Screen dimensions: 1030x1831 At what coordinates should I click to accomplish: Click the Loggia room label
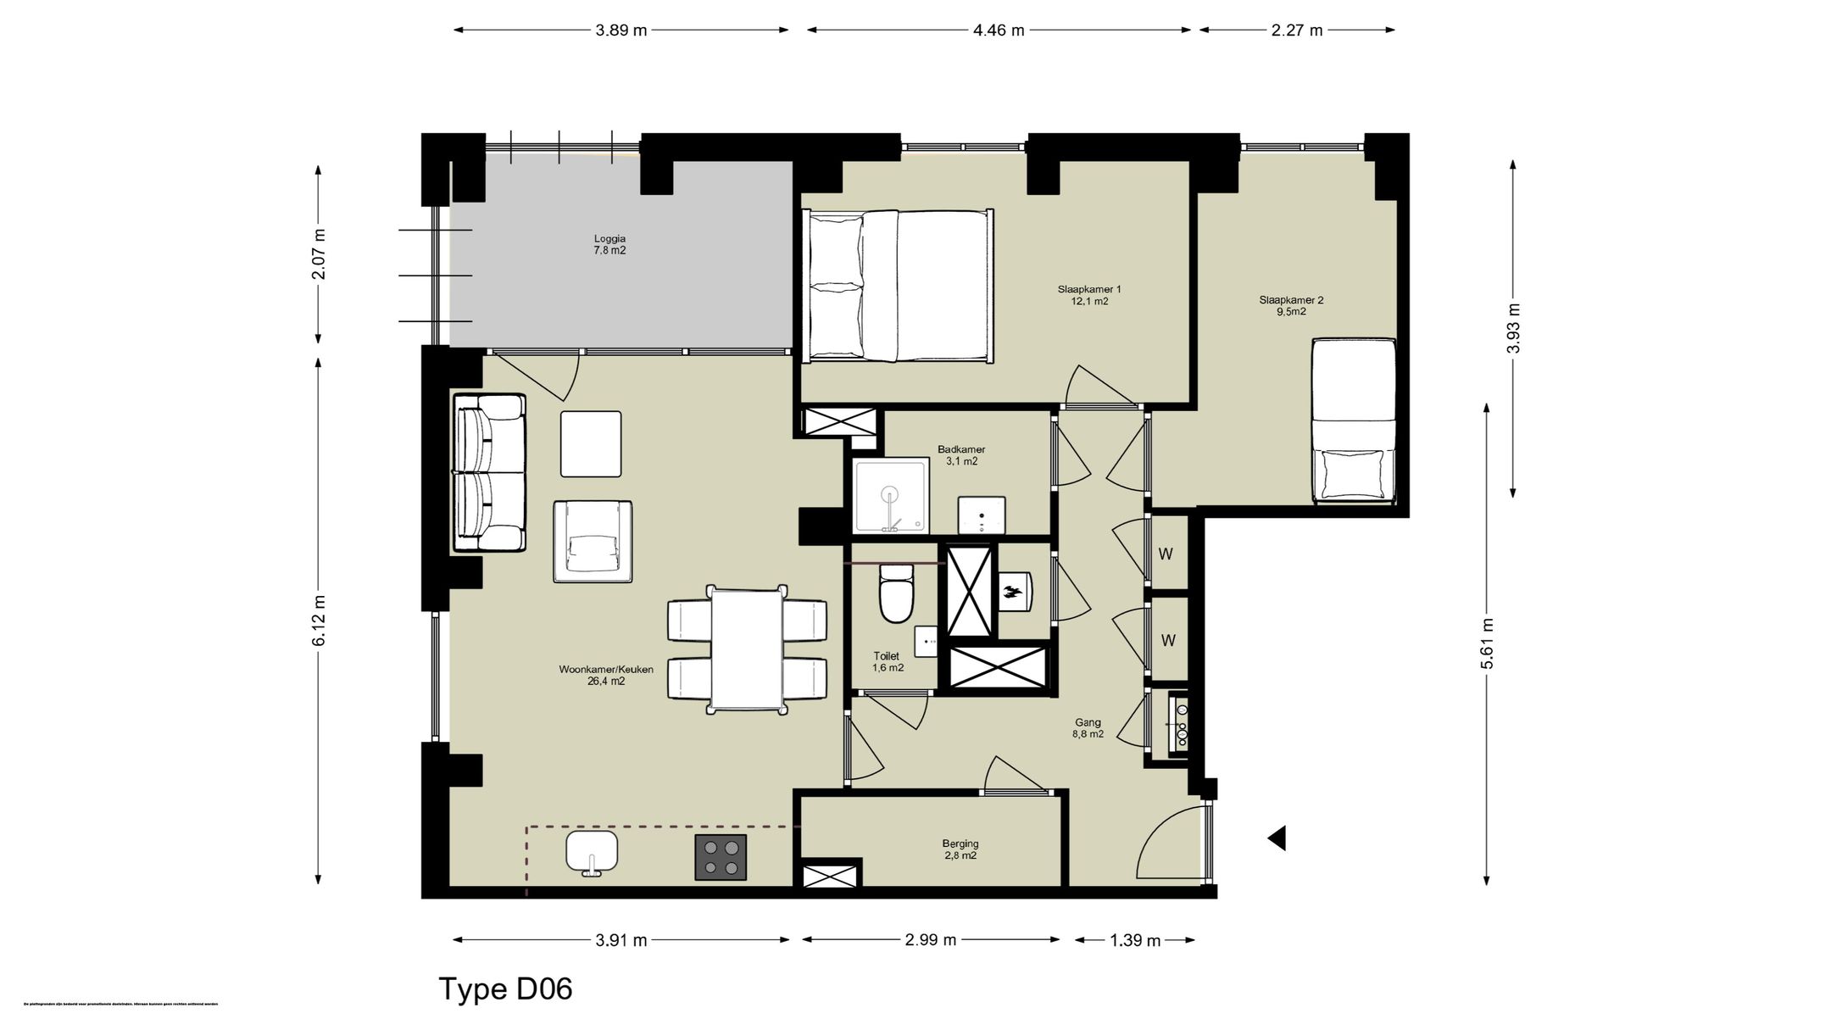[609, 245]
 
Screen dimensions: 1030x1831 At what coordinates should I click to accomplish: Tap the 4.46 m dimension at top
[999, 31]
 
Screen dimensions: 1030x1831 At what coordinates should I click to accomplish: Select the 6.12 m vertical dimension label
[319, 620]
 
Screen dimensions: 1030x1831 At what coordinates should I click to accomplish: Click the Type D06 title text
[505, 989]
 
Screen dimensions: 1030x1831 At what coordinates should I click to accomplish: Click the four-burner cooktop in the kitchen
[721, 857]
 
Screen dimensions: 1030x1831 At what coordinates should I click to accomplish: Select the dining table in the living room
[747, 649]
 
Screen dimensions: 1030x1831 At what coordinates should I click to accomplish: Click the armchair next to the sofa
[593, 542]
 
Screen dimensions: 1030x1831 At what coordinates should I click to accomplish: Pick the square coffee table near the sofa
[591, 444]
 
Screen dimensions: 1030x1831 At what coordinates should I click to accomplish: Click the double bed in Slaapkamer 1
[899, 286]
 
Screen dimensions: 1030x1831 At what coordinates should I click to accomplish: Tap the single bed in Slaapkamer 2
[1354, 420]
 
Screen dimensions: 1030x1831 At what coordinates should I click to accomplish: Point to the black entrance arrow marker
[1277, 838]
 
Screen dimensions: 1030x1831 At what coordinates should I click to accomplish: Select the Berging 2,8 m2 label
[960, 849]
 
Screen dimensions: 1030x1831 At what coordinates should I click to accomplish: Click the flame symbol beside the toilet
[1014, 591]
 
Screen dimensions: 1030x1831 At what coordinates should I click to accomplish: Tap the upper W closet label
[1166, 554]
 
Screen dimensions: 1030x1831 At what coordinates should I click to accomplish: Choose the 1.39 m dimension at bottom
[1135, 940]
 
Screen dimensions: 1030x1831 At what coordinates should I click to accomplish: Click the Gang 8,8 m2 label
[1088, 728]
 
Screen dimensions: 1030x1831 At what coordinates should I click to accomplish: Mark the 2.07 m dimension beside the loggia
[319, 254]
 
